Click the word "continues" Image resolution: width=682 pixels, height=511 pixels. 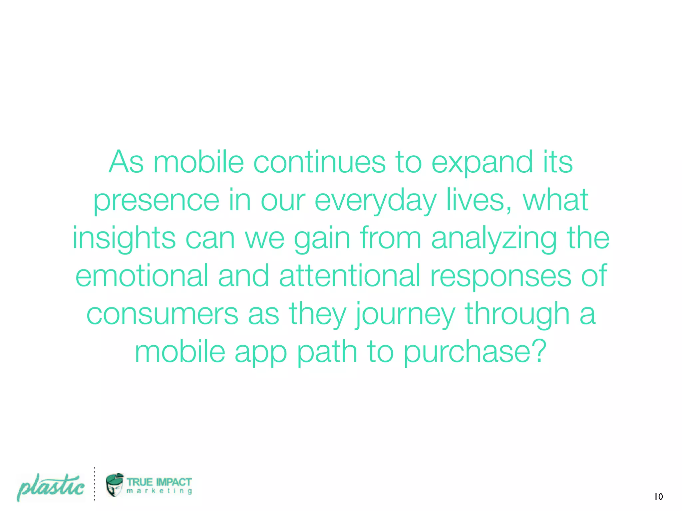319,162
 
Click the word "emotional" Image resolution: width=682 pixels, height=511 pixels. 142,275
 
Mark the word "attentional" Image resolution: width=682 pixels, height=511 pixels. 350,275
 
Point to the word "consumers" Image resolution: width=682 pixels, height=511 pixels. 162,314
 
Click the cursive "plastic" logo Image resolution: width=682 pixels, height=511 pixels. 51,487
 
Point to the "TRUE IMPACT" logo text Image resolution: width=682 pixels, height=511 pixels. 159,482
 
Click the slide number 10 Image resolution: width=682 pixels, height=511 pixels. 658,497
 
